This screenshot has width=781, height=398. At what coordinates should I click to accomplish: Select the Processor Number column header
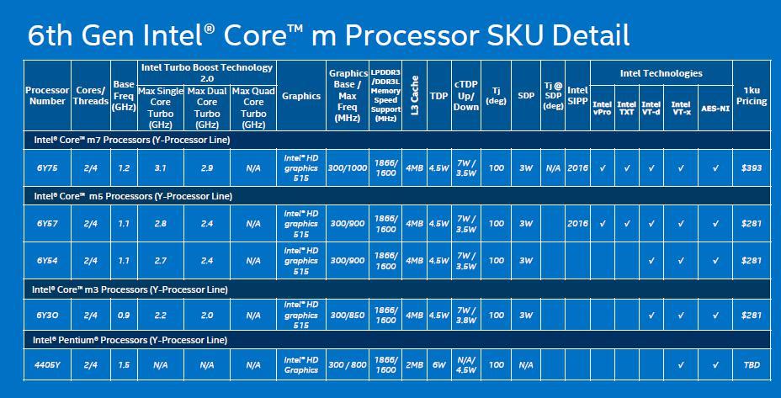tap(47, 96)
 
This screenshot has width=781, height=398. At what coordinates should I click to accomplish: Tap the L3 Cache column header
tap(414, 96)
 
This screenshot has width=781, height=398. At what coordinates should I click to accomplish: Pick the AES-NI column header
tap(715, 109)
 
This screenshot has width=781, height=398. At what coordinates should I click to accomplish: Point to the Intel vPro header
tap(603, 109)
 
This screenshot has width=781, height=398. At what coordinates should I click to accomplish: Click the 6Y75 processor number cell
tap(47, 168)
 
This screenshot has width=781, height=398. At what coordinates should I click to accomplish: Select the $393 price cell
tap(752, 168)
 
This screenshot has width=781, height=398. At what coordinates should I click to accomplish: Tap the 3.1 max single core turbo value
tap(161, 168)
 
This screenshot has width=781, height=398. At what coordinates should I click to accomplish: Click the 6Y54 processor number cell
tap(47, 261)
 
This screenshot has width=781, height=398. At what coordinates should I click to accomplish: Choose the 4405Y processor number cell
tap(47, 365)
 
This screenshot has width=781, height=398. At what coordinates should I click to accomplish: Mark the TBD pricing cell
tap(752, 365)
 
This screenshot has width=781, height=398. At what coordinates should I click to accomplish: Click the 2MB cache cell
tap(414, 365)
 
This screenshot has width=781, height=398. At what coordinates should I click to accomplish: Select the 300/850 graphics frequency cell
tap(348, 316)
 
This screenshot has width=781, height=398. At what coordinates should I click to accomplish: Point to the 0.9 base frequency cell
tap(124, 316)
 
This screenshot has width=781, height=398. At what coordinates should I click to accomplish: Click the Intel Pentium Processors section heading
tap(130, 341)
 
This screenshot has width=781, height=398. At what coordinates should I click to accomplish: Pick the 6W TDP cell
tap(439, 365)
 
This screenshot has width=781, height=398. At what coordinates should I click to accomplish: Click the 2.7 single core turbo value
tap(161, 261)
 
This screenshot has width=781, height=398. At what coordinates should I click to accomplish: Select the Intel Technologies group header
tap(661, 74)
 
